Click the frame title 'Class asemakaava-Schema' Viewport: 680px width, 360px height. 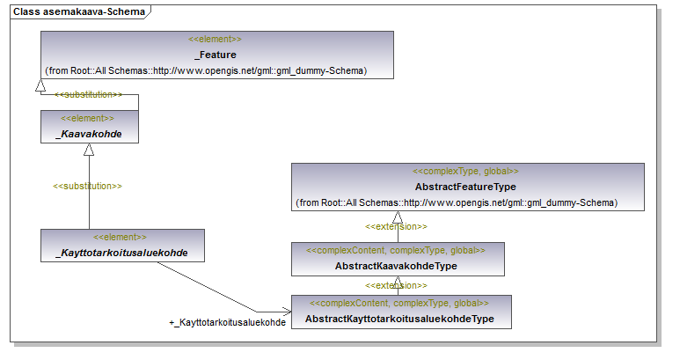(x=79, y=11)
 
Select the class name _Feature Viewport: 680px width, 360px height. (x=216, y=55)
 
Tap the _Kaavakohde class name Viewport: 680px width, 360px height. (x=89, y=134)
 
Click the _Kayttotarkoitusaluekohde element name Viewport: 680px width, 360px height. (x=122, y=253)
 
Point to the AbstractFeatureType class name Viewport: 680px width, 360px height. (x=465, y=187)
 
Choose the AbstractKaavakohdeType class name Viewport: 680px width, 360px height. (x=396, y=266)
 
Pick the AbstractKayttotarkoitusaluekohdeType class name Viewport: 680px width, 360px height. (x=399, y=319)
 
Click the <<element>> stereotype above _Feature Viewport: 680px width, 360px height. (x=215, y=39)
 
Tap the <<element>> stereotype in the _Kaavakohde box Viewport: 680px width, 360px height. (x=87, y=119)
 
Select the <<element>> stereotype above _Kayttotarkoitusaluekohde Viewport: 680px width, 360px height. (x=120, y=238)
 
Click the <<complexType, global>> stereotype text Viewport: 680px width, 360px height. (x=465, y=172)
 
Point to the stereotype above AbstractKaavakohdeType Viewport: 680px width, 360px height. (x=396, y=250)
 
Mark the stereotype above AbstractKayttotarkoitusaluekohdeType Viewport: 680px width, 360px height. (x=399, y=303)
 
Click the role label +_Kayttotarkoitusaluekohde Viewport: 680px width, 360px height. (x=227, y=323)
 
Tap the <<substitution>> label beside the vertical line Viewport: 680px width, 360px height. (x=87, y=186)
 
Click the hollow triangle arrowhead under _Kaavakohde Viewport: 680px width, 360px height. (x=89, y=150)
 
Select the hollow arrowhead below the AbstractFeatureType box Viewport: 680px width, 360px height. (x=398, y=217)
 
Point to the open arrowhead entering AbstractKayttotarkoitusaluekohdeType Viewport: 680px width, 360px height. (x=287, y=312)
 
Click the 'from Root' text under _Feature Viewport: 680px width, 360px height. (x=206, y=70)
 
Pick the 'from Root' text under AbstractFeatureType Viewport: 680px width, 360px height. (x=457, y=202)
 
